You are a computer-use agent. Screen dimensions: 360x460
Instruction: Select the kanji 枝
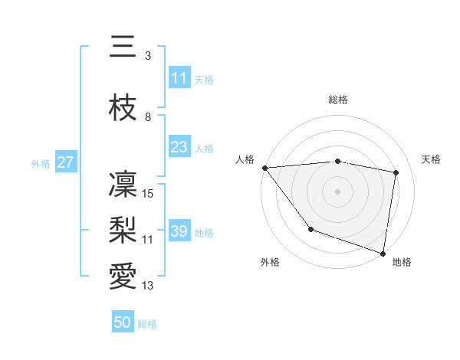pos(123,107)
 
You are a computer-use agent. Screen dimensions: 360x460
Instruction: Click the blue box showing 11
pos(179,78)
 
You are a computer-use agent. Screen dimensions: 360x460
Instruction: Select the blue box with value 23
pos(179,147)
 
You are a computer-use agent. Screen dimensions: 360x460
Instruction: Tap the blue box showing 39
pos(179,231)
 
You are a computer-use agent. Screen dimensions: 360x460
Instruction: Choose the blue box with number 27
pos(65,162)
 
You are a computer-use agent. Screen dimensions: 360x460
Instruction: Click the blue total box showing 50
pos(123,323)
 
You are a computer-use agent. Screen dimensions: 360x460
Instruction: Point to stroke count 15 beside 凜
pos(149,194)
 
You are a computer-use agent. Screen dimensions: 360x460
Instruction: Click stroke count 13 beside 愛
pos(147,286)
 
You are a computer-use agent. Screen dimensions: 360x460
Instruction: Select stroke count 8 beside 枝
pos(147,117)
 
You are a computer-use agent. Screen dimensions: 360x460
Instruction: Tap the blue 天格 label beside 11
pos(204,79)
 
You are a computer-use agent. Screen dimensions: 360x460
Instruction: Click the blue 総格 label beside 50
pos(147,324)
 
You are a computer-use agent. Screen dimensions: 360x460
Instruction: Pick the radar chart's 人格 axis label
pos(245,159)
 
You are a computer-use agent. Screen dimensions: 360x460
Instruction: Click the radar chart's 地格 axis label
pos(402,262)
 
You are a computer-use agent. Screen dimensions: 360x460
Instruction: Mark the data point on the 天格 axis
pos(396,172)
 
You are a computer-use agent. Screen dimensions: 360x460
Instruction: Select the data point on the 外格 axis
pos(310,229)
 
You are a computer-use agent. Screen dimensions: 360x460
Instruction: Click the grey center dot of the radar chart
pos(338,191)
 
